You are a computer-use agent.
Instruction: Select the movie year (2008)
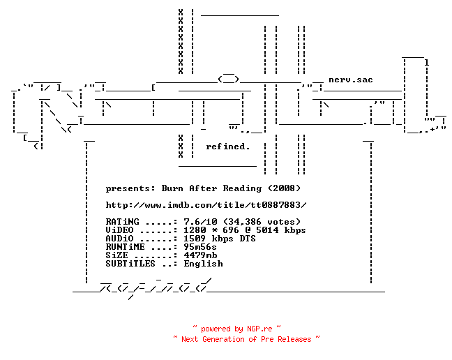[x=284, y=188]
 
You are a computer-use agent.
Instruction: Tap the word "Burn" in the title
[x=172, y=188]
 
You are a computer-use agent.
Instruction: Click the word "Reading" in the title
[x=242, y=188]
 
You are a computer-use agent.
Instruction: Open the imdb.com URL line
[x=206, y=205]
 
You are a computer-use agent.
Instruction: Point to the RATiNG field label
[x=122, y=222]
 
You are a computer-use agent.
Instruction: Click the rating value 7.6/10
[x=200, y=222]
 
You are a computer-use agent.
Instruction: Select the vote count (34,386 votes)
[x=262, y=222]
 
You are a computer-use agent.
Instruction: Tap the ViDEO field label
[x=119, y=230]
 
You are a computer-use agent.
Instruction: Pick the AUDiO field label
[x=119, y=239]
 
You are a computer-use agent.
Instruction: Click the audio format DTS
[x=248, y=239]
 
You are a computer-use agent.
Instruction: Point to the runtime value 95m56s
[x=200, y=247]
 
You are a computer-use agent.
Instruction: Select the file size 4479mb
[x=200, y=255]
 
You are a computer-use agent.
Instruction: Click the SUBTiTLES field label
[x=130, y=264]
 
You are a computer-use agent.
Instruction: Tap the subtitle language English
[x=203, y=264]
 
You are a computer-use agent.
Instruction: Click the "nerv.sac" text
[x=351, y=80]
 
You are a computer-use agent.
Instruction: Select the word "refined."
[x=227, y=147]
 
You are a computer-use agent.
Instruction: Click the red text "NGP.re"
[x=259, y=329]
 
